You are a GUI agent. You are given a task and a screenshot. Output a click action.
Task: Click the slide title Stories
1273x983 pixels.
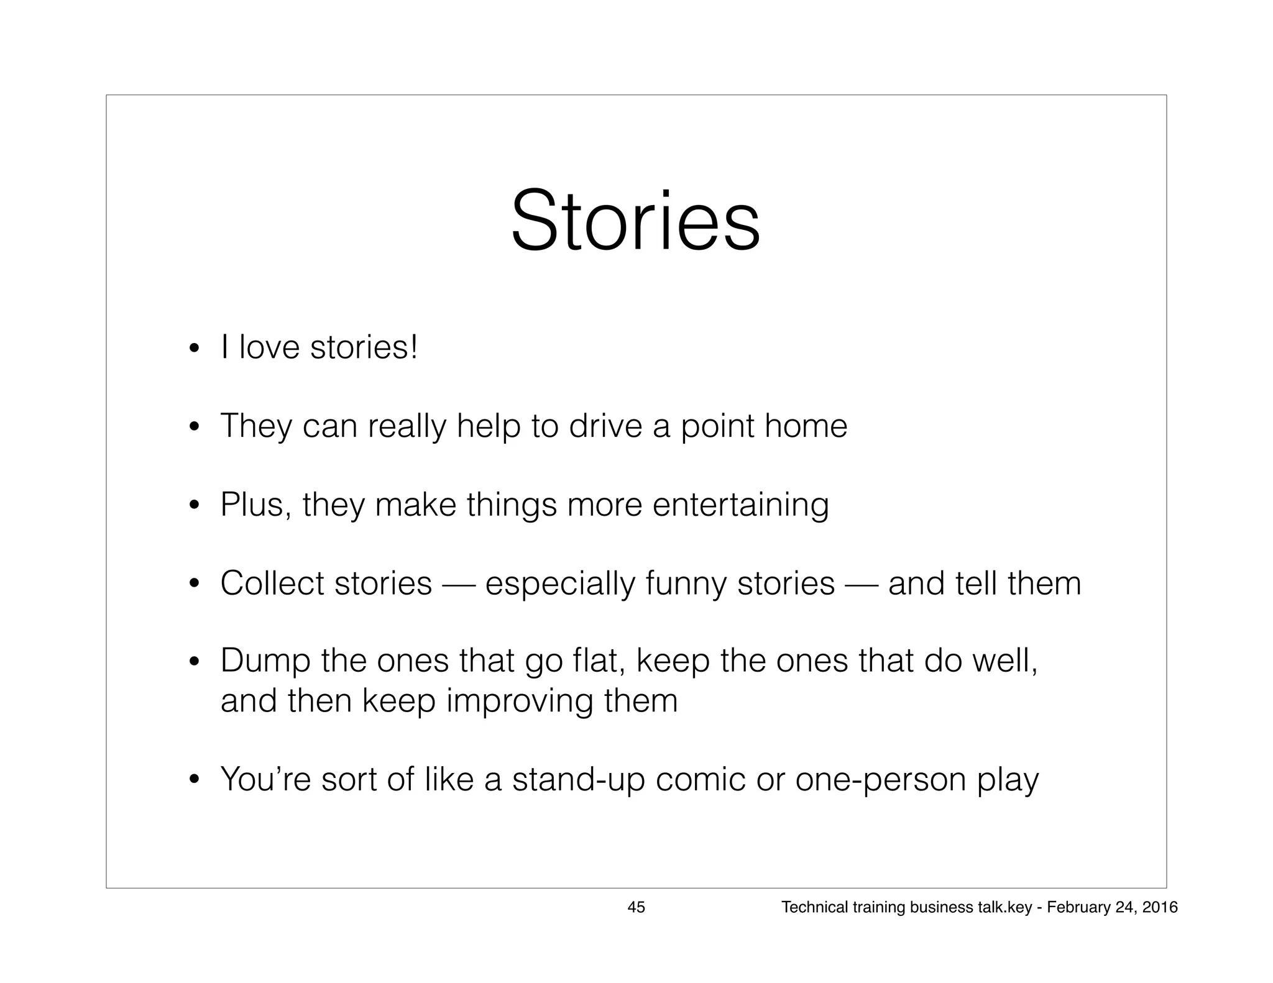tap(635, 222)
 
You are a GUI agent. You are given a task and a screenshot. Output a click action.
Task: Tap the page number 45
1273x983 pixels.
tap(636, 907)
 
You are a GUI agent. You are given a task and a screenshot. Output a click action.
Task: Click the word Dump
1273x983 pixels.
tap(265, 661)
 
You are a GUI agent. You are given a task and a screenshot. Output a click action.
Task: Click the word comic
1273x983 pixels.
tap(700, 780)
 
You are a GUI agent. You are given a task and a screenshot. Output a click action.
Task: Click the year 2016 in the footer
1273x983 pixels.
tap(1160, 907)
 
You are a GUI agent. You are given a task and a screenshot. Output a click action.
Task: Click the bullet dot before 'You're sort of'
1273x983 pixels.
tap(195, 780)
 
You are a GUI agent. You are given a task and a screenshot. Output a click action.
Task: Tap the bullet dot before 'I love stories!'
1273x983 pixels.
tap(195, 348)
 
